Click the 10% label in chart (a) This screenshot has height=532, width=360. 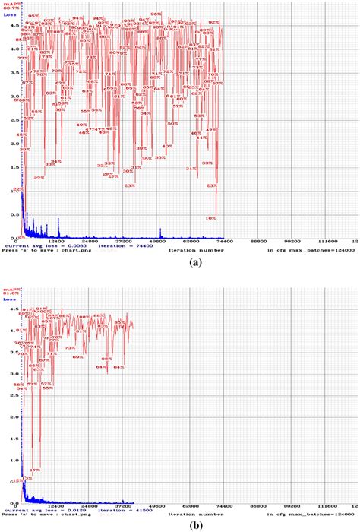[210, 217]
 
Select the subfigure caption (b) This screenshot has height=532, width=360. [179, 525]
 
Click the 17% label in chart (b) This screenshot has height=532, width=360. [36, 470]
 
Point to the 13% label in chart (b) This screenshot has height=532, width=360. [28, 478]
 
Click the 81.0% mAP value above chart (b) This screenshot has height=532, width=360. [11, 293]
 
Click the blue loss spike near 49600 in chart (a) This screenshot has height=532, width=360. [160, 232]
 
